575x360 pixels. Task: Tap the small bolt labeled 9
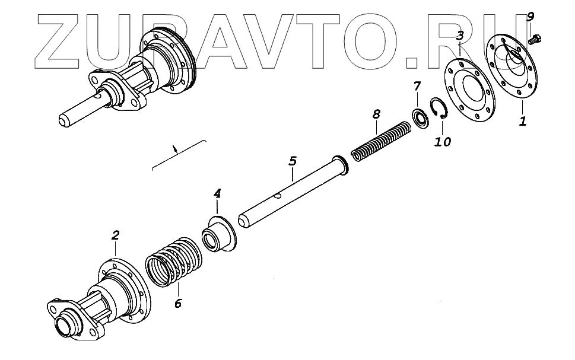533,40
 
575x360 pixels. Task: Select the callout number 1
523,122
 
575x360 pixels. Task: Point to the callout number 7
417,87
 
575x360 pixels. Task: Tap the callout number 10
443,142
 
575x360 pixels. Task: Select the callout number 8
375,113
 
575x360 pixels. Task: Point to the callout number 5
292,161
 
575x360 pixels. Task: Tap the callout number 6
178,304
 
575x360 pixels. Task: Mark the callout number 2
116,235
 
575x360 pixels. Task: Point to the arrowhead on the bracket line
174,149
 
